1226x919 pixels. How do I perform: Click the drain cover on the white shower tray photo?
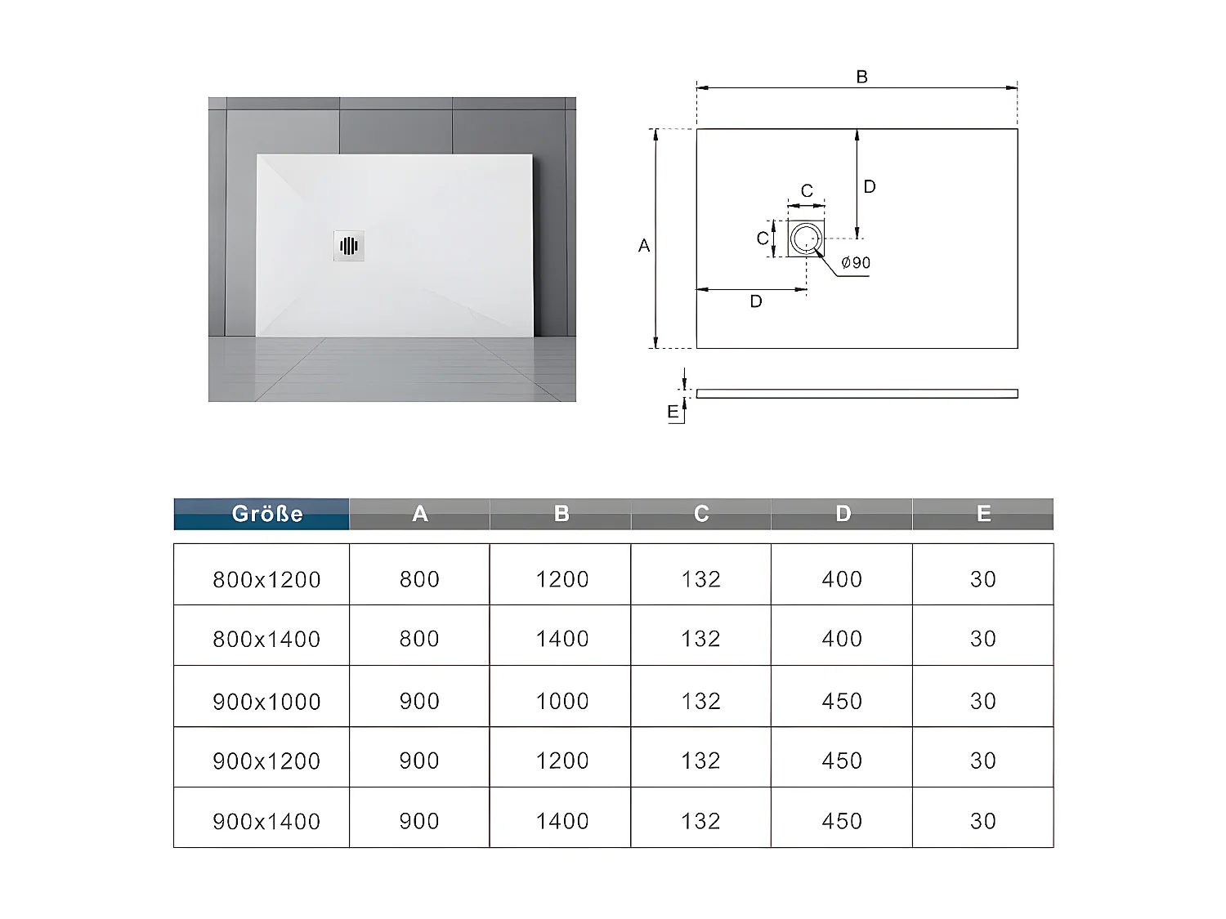tap(349, 246)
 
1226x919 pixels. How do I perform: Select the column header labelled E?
tap(983, 514)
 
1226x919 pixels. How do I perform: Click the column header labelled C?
tap(701, 514)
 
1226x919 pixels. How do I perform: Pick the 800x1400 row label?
tap(266, 639)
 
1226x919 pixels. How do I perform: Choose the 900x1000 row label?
tap(266, 701)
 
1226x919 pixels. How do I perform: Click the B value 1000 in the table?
tap(562, 701)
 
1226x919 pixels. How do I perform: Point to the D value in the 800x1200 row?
tap(842, 579)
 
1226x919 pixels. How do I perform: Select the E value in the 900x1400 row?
tap(983, 821)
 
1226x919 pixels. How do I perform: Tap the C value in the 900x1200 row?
tap(701, 761)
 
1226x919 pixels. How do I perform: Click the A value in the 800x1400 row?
tap(419, 639)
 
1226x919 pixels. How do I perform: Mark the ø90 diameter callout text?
tap(856, 263)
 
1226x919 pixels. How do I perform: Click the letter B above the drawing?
tap(861, 77)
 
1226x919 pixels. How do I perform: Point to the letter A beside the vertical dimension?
tap(644, 246)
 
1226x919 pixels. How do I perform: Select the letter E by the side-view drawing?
tap(673, 412)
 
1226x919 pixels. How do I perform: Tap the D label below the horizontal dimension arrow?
tap(756, 302)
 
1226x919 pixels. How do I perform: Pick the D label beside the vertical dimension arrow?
tap(870, 187)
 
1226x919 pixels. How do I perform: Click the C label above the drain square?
tap(807, 191)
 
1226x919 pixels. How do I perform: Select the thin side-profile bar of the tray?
tap(857, 394)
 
